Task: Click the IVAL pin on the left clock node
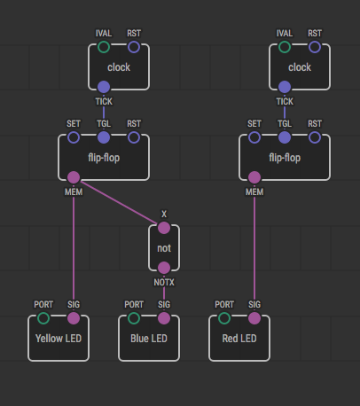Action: (104, 47)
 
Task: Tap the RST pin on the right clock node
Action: (315, 47)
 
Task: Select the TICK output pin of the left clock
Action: (104, 87)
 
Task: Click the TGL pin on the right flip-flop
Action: (285, 137)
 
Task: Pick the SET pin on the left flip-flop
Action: (74, 137)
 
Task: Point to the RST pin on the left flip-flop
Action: (134, 137)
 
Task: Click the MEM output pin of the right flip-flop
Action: (254, 177)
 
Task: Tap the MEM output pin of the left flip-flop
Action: (74, 177)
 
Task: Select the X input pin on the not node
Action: (164, 228)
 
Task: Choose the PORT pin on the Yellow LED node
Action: (43, 318)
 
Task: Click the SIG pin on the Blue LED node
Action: (164, 318)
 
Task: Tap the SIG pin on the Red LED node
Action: (254, 318)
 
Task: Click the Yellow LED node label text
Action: (59, 339)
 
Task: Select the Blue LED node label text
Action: (149, 339)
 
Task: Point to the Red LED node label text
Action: (239, 339)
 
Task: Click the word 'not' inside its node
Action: (164, 248)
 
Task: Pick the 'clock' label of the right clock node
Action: (300, 67)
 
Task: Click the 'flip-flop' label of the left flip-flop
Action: (104, 158)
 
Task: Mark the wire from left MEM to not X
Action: (119, 202)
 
